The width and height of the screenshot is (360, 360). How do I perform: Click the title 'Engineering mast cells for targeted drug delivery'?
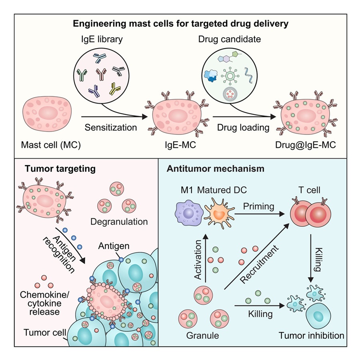[x=180, y=24]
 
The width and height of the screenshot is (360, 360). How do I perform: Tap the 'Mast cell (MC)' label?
[x=51, y=144]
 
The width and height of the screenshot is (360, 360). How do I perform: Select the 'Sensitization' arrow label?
[x=111, y=128]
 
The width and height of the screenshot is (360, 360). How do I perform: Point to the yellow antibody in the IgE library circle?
[x=116, y=88]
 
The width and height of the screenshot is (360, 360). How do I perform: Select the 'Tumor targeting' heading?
[x=60, y=168]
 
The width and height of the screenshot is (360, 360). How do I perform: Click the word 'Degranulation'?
[x=119, y=221]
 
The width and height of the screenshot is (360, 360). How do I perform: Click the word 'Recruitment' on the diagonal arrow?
[x=260, y=265]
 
